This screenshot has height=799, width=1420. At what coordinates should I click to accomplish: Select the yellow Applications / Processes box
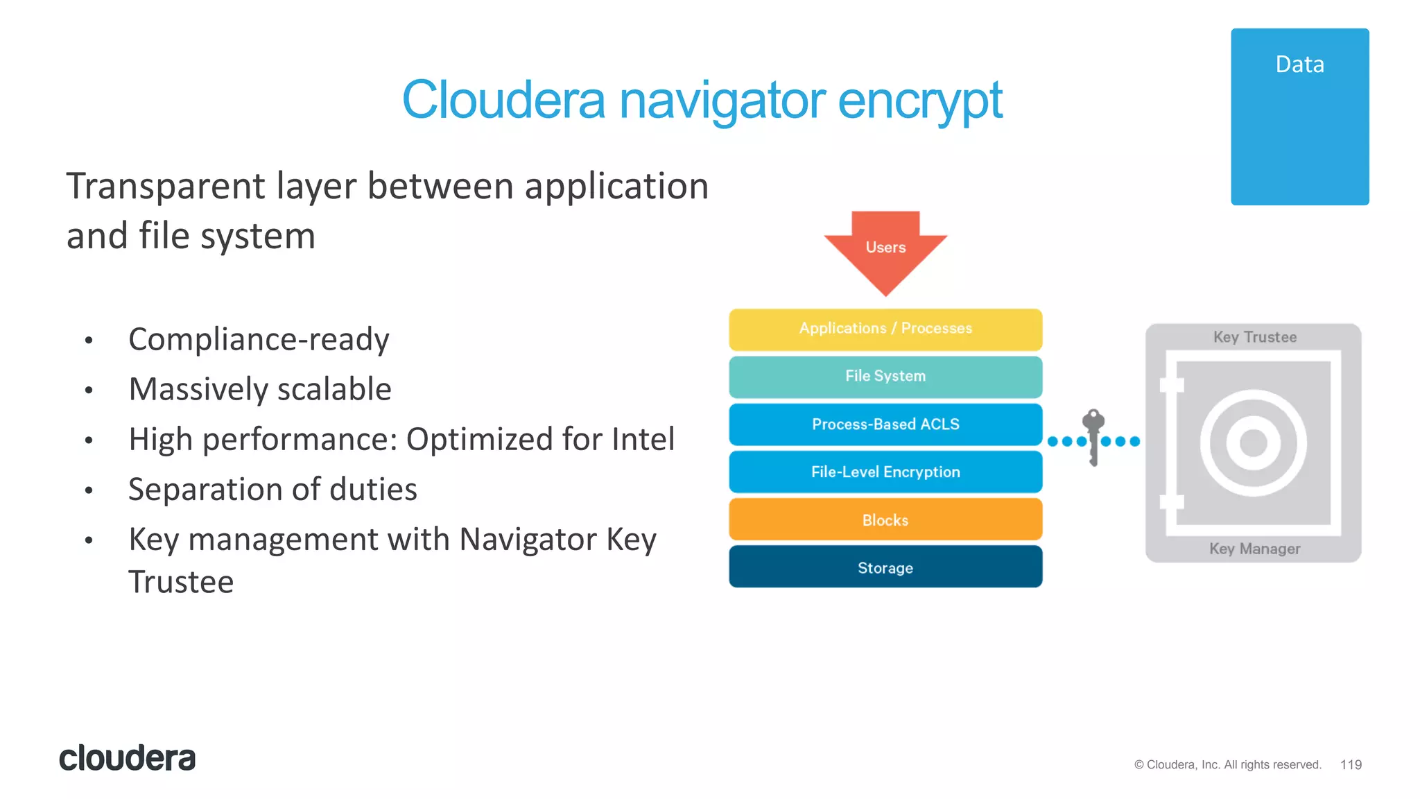(x=885, y=329)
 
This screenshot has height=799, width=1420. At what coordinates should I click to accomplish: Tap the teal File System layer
(x=885, y=377)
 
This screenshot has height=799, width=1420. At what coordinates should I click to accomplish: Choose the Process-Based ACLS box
(x=885, y=424)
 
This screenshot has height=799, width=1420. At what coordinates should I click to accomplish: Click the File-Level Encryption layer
(x=885, y=472)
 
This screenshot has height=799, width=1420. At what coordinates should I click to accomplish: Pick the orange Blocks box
(x=885, y=520)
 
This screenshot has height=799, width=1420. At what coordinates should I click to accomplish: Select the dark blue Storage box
(x=885, y=568)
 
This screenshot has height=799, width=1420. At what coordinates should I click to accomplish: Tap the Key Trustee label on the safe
(x=1254, y=338)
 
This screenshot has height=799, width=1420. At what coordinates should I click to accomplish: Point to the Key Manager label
(x=1254, y=549)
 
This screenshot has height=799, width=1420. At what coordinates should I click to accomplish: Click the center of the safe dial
(x=1253, y=443)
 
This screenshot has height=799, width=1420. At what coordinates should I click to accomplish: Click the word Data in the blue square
(x=1299, y=65)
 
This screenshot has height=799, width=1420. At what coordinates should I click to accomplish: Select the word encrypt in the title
(x=919, y=101)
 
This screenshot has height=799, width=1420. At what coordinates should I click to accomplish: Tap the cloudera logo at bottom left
(x=128, y=758)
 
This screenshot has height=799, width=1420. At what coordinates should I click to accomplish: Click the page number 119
(x=1351, y=765)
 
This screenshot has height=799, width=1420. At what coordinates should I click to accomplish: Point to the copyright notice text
(x=1227, y=765)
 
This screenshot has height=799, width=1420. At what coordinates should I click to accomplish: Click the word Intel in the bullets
(x=642, y=440)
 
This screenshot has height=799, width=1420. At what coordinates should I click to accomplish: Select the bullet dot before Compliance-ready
(x=89, y=341)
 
